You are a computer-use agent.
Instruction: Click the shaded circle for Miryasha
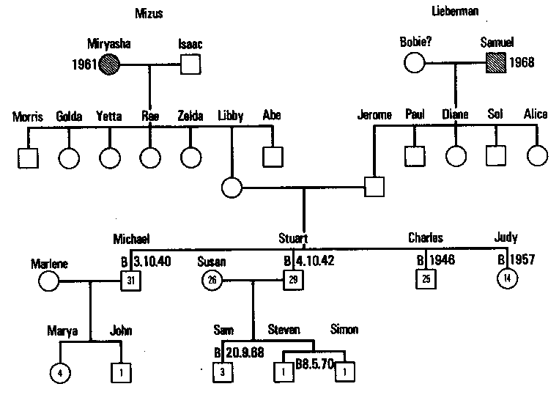pyautogui.click(x=110, y=64)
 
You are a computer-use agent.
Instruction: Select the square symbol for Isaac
pyautogui.click(x=190, y=64)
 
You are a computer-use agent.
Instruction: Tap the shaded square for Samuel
pyautogui.click(x=495, y=64)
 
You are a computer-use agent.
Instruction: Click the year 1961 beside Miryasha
pyautogui.click(x=85, y=64)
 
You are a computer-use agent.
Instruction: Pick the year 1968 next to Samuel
pyautogui.click(x=522, y=62)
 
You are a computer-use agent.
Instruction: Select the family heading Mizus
pyautogui.click(x=149, y=12)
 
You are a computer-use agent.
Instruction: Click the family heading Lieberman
pyautogui.click(x=456, y=12)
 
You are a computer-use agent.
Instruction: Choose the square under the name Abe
pyautogui.click(x=273, y=155)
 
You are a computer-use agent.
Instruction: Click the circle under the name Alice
pyautogui.click(x=537, y=155)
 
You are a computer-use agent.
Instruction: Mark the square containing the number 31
pyautogui.click(x=130, y=279)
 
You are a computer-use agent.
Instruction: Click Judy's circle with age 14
pyautogui.click(x=506, y=278)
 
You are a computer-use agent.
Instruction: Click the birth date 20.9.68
pyautogui.click(x=246, y=350)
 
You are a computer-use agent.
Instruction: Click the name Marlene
pyautogui.click(x=49, y=262)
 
